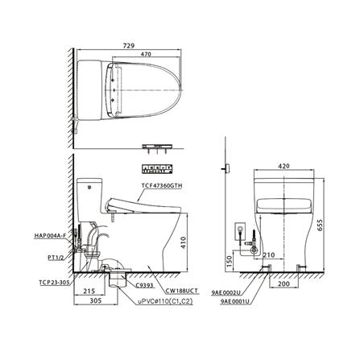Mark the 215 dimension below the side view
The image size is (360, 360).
pyautogui.click(x=91, y=292)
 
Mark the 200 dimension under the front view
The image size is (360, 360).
pyautogui.click(x=283, y=285)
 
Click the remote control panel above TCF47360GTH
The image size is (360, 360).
pyautogui.click(x=158, y=169)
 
